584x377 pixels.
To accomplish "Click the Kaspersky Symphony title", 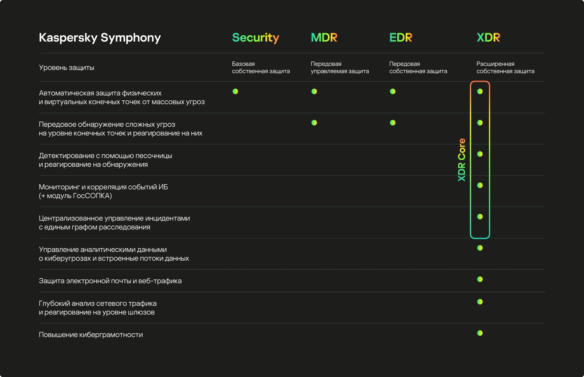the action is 100,38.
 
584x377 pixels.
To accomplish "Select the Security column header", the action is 255,38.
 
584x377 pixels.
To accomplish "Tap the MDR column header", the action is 324,37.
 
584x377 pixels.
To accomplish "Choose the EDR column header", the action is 401,37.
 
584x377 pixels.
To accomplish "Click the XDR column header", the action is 488,37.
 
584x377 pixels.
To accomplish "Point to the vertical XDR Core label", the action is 462,160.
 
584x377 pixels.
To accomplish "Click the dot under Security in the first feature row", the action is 235,92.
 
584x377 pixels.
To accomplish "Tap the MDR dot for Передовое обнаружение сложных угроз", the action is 314,123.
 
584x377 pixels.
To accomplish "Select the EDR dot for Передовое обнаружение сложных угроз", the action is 393,123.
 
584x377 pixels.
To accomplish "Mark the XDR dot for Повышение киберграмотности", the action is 480,333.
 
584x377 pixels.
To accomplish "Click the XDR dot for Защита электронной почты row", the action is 480,279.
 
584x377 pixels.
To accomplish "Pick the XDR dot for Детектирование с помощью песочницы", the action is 480,154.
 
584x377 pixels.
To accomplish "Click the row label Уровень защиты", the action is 67,68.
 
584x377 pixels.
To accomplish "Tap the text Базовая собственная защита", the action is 261,67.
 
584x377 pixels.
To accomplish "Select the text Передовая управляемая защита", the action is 340,67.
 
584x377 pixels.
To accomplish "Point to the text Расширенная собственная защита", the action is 505,67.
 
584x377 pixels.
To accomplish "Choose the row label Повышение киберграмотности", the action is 91,335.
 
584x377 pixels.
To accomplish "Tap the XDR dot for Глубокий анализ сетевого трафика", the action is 480,302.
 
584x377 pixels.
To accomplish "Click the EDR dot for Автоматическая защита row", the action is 393,92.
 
